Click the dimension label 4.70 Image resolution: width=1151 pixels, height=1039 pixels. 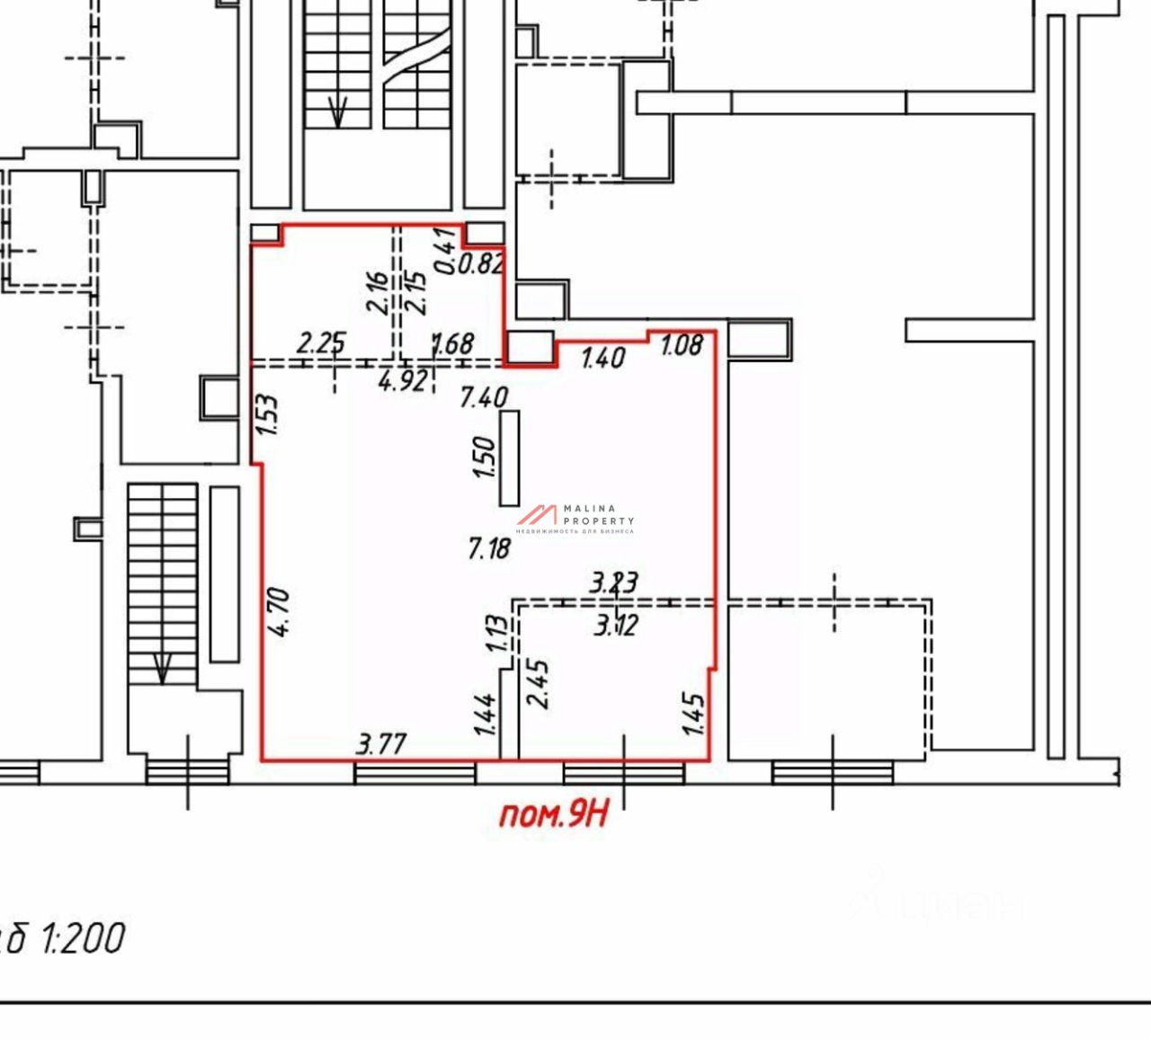click(279, 611)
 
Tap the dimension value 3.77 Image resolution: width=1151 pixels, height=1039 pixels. click(381, 744)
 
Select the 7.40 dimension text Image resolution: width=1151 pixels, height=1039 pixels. click(484, 396)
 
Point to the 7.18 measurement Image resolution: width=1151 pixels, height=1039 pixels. click(489, 547)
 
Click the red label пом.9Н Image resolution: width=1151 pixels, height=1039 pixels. click(554, 814)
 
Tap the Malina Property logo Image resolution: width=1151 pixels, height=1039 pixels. click(575, 519)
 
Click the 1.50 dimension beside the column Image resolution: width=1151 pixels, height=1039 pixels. click(484, 457)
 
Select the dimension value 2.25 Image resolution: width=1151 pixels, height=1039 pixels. click(321, 342)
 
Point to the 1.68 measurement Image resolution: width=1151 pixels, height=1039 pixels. click(453, 343)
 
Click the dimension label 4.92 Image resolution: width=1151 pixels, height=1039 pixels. click(402, 382)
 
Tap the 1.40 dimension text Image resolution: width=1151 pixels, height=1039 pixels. click(602, 358)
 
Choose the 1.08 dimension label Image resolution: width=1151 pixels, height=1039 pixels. click(681, 344)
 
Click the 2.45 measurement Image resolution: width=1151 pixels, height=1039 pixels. click(540, 684)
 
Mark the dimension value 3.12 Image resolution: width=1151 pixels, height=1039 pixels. click(616, 624)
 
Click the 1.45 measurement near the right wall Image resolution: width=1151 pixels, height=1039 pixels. click(694, 713)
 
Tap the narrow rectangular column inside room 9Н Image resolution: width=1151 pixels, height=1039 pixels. click(510, 458)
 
